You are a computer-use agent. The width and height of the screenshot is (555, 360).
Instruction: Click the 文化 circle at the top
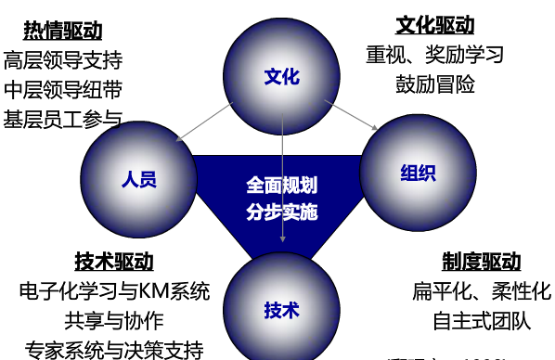[282, 77]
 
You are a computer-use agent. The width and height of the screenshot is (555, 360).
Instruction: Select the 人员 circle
[137, 178]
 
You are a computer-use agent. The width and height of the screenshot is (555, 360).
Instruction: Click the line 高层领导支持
[63, 61]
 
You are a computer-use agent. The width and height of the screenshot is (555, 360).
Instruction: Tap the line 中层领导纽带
[63, 90]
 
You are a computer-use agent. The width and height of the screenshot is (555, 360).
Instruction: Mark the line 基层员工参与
[63, 119]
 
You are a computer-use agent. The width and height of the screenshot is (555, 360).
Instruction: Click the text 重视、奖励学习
[434, 54]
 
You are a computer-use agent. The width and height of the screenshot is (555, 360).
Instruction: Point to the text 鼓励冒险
[434, 84]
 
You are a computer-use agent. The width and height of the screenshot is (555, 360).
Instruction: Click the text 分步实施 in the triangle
[282, 212]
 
